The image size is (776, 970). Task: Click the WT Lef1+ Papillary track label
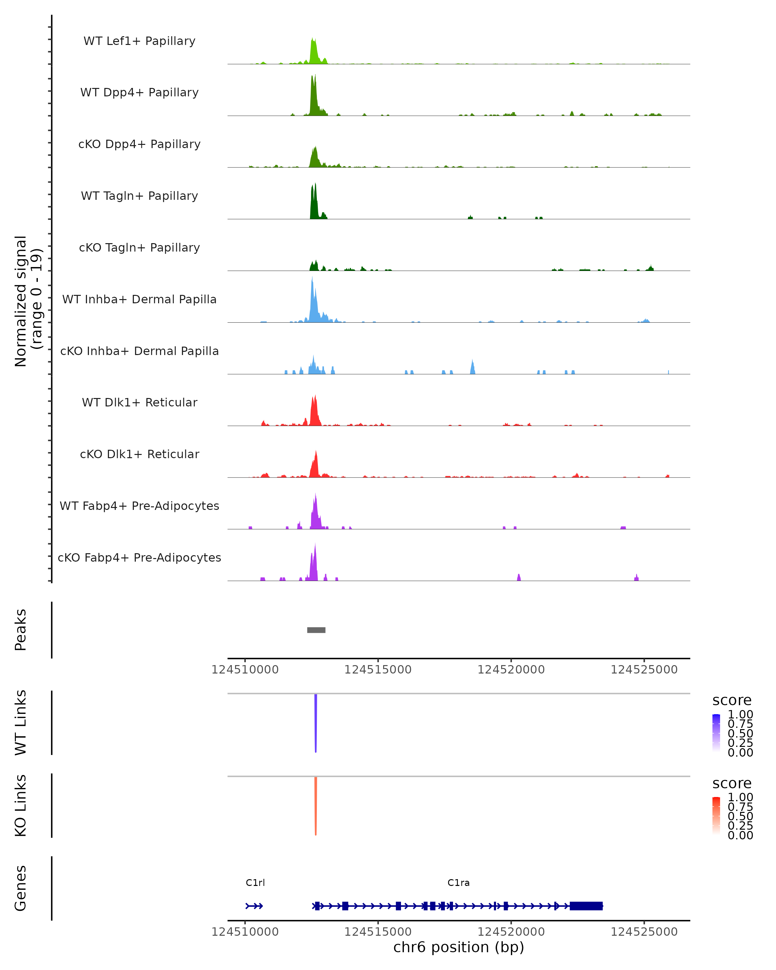coord(139,41)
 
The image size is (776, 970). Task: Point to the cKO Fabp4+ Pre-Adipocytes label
coord(139,557)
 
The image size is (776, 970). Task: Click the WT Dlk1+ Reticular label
coord(139,402)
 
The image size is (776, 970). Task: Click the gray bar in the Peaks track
coord(316,630)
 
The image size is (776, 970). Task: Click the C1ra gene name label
coord(458,883)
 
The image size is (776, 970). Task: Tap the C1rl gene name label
coord(255,883)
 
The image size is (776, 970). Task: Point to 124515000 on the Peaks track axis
coord(378,670)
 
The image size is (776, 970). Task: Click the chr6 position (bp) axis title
coord(458,947)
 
